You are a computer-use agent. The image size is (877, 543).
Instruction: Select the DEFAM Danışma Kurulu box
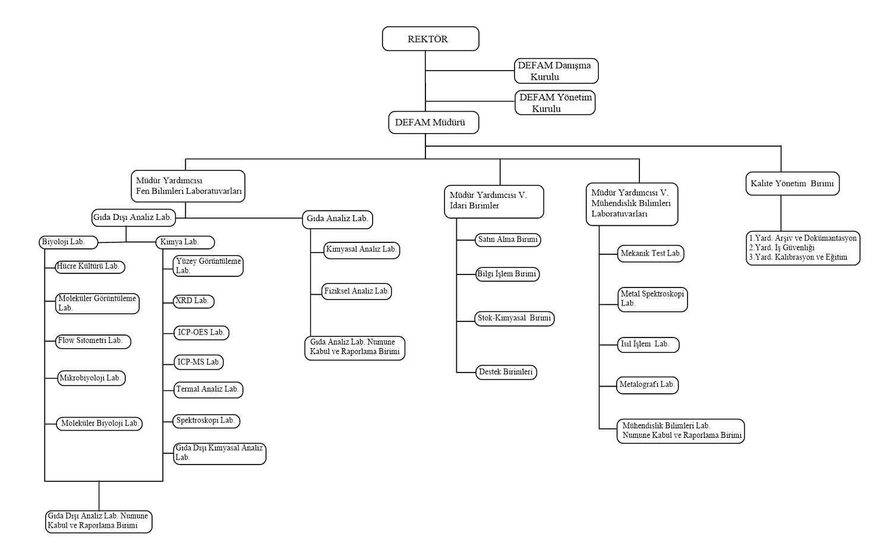point(556,71)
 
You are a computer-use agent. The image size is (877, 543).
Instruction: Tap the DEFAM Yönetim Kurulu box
point(555,103)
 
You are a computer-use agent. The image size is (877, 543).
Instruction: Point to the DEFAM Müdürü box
point(433,123)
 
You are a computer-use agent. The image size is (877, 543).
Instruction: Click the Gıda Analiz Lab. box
point(337,219)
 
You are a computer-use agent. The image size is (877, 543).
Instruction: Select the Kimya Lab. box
point(185,242)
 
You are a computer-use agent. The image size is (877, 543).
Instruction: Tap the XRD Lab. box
point(193,301)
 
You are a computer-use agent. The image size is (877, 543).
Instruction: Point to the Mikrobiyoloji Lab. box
point(91,378)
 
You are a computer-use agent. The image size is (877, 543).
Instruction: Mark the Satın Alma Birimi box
point(508,240)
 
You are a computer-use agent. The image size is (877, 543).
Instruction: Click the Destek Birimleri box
point(506,372)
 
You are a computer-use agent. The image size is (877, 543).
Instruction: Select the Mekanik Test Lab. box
point(651,254)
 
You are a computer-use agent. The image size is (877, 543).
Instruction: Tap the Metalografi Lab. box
point(647,385)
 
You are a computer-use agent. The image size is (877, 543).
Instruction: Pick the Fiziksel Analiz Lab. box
point(357,292)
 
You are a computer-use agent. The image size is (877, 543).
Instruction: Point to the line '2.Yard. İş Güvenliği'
point(781,248)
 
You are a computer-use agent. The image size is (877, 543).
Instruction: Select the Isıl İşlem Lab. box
point(646,345)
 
